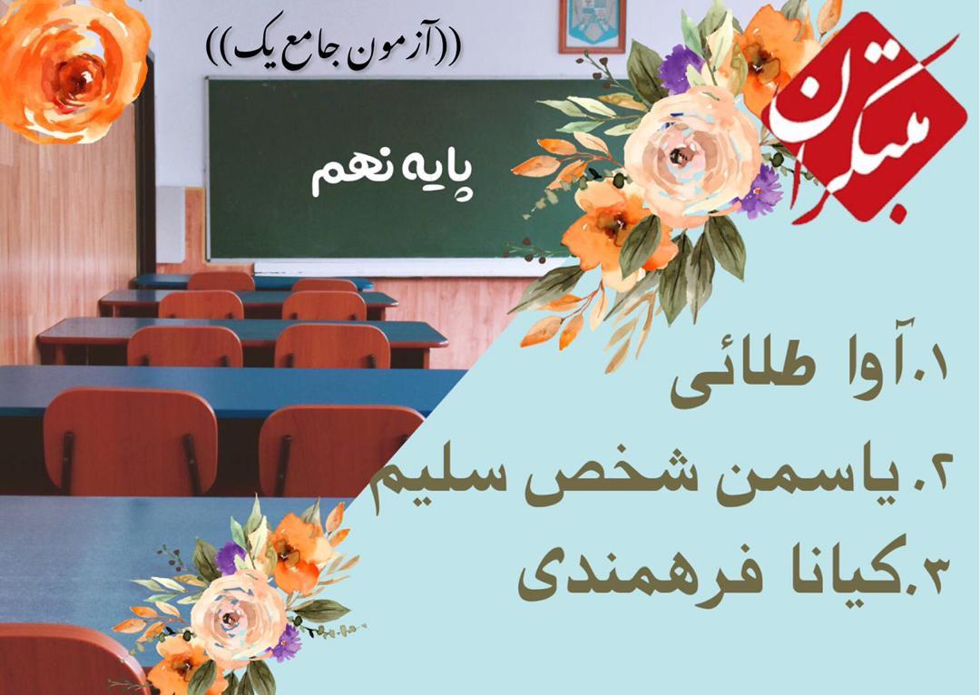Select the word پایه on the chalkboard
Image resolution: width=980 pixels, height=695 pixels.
tap(432, 175)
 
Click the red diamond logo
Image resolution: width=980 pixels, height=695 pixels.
tap(864, 119)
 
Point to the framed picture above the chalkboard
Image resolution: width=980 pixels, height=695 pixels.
tap(592, 25)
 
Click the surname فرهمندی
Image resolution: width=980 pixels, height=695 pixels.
tap(632, 578)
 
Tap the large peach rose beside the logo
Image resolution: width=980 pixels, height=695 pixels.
tap(691, 156)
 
